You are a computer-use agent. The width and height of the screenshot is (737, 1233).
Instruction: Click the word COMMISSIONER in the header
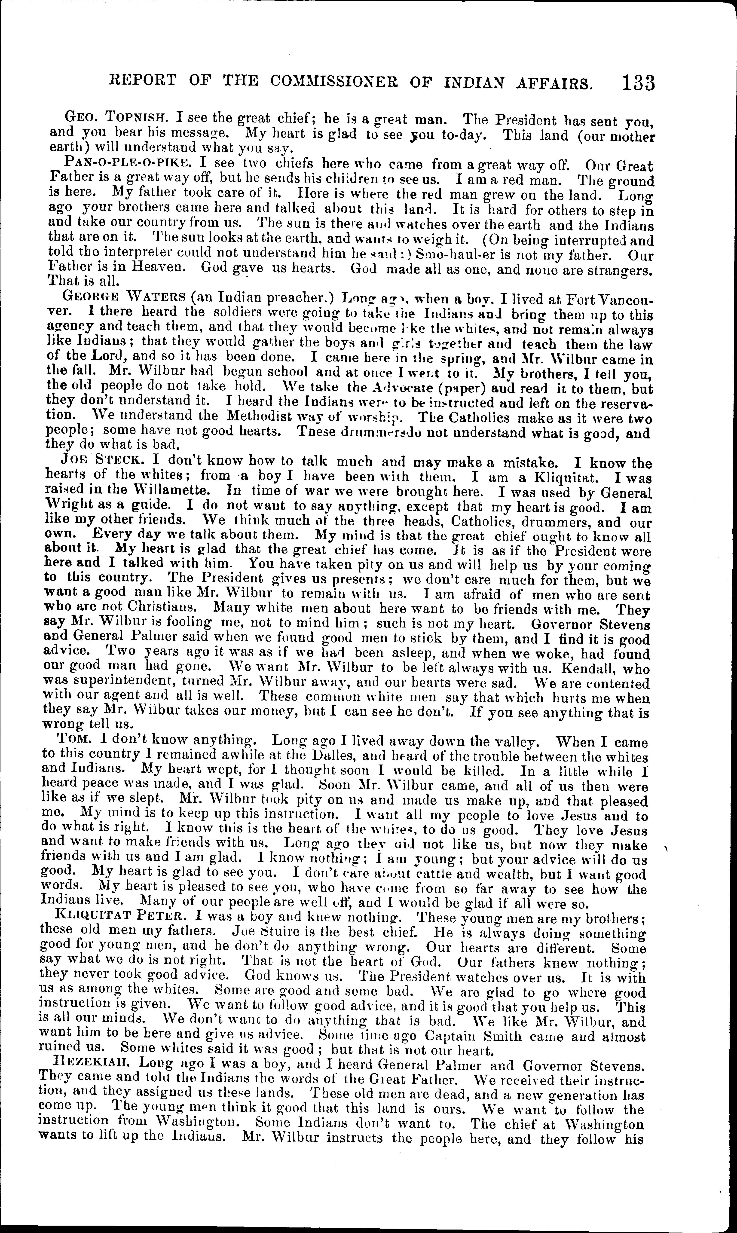[x=330, y=82]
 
